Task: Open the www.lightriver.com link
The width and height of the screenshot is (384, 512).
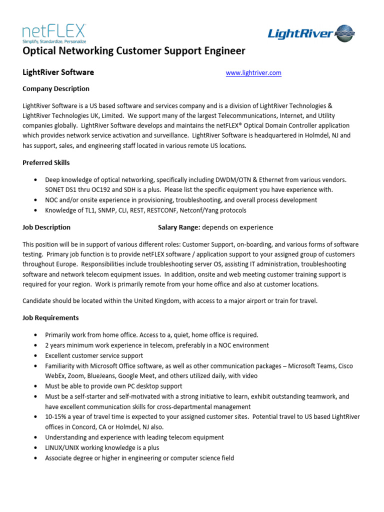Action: [x=253, y=73]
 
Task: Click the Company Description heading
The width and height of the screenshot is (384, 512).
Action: [x=56, y=89]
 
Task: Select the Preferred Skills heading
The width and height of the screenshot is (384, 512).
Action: [x=46, y=162]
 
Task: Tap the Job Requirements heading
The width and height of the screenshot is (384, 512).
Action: [x=50, y=318]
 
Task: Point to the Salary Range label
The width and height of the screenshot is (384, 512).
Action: [x=179, y=227]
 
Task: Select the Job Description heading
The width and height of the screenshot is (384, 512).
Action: [x=46, y=227]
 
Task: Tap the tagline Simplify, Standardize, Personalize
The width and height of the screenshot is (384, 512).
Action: [x=54, y=41]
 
